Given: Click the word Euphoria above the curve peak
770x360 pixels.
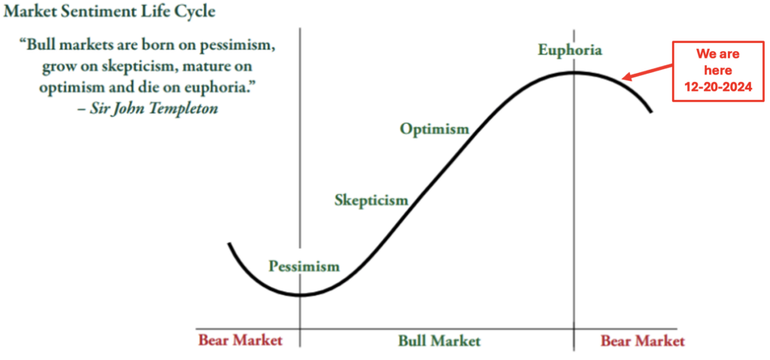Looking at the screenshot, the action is point(570,50).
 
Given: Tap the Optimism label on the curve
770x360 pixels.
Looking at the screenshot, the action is point(435,130).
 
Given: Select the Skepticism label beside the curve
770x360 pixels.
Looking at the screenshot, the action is point(371,201).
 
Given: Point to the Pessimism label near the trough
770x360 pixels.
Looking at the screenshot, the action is point(304,267).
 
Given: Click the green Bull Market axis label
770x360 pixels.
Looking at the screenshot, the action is point(439,340).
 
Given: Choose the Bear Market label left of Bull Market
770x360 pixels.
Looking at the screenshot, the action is point(241,340).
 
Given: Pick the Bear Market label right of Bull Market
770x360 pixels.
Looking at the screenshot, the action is point(643,340).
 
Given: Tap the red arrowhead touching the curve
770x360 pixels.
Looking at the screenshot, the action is point(626,77).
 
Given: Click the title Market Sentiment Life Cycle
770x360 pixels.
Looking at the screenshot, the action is point(110,11).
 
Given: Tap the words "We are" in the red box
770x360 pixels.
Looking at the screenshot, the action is point(718,55).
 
